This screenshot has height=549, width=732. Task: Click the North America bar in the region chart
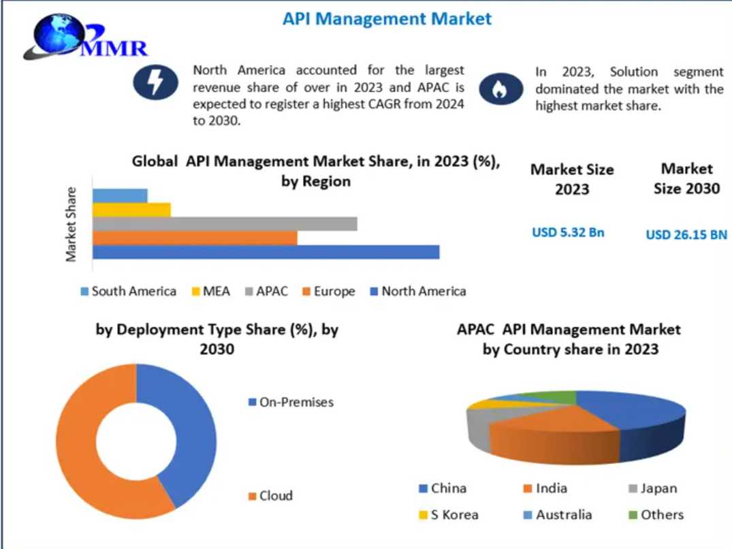click(266, 252)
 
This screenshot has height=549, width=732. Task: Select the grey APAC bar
click(225, 224)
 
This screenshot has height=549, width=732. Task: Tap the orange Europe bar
click(195, 238)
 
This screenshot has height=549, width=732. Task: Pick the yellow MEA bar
click(131, 210)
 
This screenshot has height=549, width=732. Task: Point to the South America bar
click(120, 196)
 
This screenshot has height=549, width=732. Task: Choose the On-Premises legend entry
click(291, 402)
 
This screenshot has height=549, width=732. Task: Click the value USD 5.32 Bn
click(568, 232)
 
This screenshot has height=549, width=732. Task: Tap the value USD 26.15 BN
click(686, 235)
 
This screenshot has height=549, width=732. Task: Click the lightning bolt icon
click(155, 83)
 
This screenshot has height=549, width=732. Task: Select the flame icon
click(502, 88)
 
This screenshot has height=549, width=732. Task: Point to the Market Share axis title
click(71, 224)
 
